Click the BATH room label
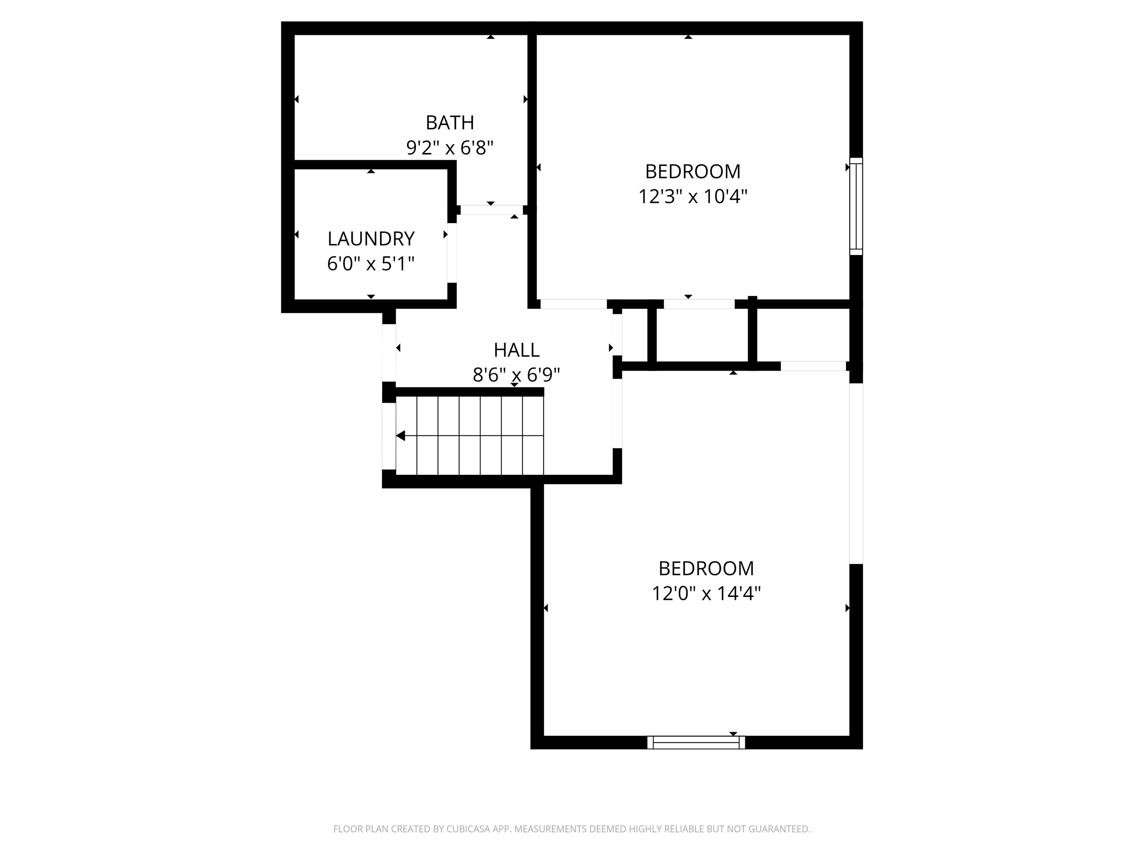pos(449,123)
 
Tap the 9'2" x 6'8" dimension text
pos(449,148)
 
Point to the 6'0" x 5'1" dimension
pos(371,264)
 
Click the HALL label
pos(516,350)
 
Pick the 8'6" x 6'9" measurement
pos(516,374)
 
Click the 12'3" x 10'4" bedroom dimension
pos(693,197)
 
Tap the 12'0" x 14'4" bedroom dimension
pos(706,593)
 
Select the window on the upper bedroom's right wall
pos(856,206)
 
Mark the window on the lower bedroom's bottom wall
pos(696,743)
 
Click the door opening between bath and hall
pos(491,210)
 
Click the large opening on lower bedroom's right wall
pos(856,473)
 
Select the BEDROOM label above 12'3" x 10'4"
pos(693,171)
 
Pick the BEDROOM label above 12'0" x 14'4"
pos(706,568)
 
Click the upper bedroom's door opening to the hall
pos(573,304)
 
